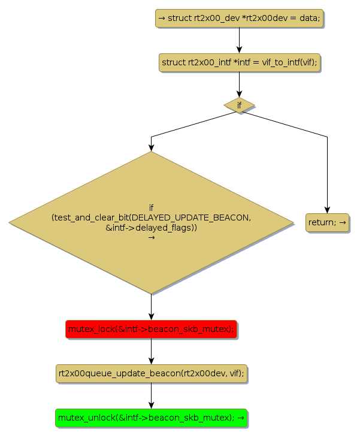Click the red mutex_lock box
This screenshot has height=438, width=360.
coord(151,329)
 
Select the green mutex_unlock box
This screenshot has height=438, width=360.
coord(151,418)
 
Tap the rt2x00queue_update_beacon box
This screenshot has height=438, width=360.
coord(151,373)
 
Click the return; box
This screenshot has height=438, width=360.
coord(327,222)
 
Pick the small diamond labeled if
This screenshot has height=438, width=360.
coord(239,105)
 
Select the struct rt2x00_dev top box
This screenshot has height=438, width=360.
coord(239,18)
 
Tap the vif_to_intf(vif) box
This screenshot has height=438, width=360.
coord(239,62)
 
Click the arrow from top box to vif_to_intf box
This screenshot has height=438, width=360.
coord(239,40)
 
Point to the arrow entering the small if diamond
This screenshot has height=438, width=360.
coord(239,85)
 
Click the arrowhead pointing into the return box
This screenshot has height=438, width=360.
coord(327,209)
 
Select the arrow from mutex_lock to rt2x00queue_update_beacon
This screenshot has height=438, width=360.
coord(151,351)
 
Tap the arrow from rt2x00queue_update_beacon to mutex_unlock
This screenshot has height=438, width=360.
coord(151,395)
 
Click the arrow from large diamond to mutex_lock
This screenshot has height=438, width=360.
coord(151,307)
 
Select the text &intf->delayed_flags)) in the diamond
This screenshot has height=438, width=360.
coord(151,228)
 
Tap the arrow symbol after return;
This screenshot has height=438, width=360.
coord(343,223)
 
